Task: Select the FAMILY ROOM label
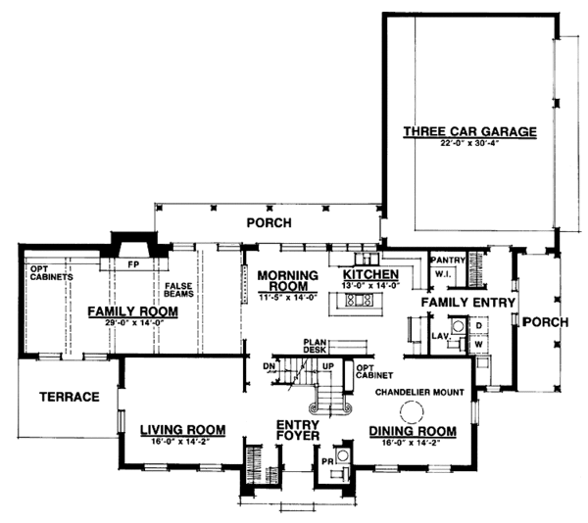(x=131, y=311)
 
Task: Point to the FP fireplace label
(x=131, y=263)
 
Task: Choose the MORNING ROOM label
(x=287, y=281)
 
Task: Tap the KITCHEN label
(x=369, y=275)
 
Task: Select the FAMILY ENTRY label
(x=467, y=304)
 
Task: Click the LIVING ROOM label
(x=182, y=430)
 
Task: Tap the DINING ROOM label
(x=413, y=430)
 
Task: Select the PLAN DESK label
(x=317, y=344)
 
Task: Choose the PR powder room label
(x=326, y=455)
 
